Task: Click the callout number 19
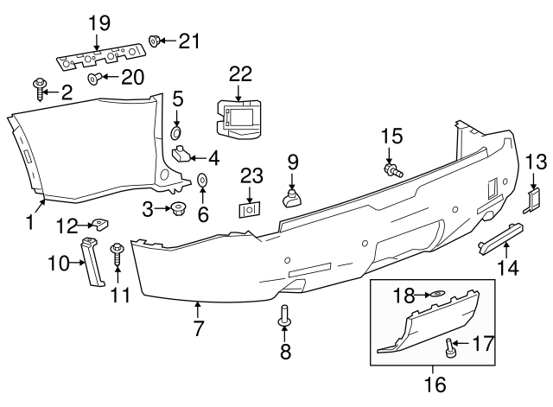[x=99, y=23]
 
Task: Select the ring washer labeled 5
[x=177, y=132]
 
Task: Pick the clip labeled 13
[x=533, y=200]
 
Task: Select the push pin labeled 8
[x=283, y=318]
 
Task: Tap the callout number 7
[x=198, y=329]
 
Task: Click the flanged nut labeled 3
[x=180, y=207]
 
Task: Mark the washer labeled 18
[x=437, y=296]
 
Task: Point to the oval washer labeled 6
[x=202, y=180]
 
